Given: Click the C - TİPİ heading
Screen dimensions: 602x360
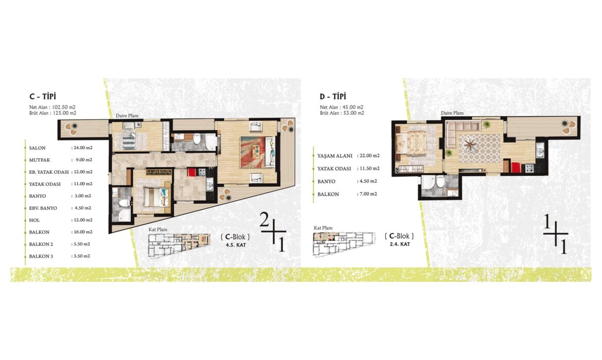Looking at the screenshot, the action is point(43,97).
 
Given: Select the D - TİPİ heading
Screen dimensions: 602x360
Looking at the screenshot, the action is point(333,97).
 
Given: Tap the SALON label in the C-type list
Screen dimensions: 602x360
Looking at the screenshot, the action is point(37,148).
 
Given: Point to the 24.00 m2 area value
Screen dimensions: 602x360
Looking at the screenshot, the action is point(82,148).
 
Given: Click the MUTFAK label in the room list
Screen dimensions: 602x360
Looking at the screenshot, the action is point(40,160).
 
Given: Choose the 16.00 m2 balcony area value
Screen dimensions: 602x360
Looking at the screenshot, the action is point(82,232).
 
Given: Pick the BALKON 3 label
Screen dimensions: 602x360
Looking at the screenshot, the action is point(41,257).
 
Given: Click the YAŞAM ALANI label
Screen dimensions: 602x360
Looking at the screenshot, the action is point(335,156).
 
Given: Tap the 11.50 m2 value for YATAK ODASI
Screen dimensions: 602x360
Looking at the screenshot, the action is point(369,169).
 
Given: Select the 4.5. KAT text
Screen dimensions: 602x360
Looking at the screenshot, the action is point(236,245).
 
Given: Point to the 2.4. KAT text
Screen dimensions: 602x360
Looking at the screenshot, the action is point(400,244).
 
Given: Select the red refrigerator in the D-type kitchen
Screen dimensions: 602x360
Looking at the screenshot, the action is point(516,168).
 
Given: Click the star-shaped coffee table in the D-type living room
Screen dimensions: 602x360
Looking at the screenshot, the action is point(470,145).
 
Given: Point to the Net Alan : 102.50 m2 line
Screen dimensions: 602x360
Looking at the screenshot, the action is point(52,107).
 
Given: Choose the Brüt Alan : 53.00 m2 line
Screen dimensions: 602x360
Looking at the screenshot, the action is point(342,113).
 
